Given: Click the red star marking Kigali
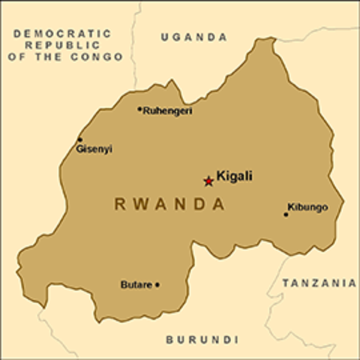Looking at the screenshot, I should point(208,180).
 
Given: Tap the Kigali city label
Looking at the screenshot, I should point(234,177).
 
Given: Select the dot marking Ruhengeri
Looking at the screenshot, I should point(139,109).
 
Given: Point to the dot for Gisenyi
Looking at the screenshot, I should point(80,139).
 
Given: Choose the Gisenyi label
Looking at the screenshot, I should point(94,149).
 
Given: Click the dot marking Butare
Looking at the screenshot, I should point(157,284).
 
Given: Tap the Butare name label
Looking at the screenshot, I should point(136,284).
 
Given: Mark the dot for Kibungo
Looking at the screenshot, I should point(286,214).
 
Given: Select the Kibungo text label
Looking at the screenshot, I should point(307,207).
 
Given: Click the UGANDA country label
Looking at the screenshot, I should point(194,37).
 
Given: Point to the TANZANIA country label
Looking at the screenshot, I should point(319,283).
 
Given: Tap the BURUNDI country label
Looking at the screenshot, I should point(197,338).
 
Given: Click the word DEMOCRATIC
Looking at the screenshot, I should point(62,34).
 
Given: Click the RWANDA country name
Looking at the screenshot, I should point(169,203).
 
